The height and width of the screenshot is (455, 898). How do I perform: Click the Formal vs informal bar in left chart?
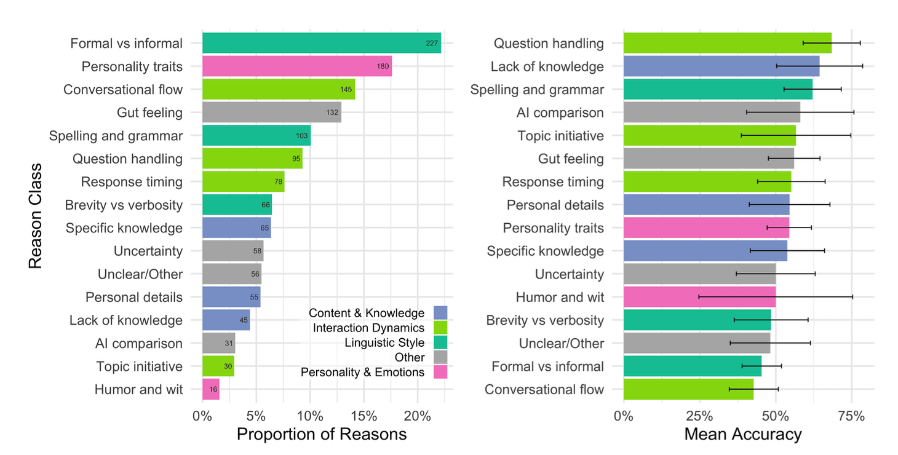coord(321,43)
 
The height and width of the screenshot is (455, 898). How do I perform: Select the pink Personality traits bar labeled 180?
coord(296,66)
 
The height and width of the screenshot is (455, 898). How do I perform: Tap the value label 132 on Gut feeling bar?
coord(333,113)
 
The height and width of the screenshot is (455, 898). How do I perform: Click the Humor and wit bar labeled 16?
coord(210,389)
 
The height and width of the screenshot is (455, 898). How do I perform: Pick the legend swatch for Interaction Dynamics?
coord(440,328)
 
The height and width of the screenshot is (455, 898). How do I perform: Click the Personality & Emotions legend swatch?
coord(440,372)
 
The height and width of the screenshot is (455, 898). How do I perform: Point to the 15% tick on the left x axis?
coord(364,416)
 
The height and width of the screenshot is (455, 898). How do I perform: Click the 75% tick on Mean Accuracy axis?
coord(852,416)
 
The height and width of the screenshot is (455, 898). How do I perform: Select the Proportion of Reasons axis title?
coord(322,434)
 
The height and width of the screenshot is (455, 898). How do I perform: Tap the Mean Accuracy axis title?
coord(743,434)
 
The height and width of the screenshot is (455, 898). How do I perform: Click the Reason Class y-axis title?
coord(36,215)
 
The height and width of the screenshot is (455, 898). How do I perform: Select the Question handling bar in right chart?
coord(727,43)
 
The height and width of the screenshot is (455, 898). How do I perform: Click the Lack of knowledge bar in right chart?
coord(721,66)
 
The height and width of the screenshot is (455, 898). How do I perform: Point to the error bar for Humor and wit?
coord(775,297)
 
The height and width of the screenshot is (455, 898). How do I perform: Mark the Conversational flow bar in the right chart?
coord(688,389)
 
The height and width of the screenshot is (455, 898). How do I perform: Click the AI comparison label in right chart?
coord(560,113)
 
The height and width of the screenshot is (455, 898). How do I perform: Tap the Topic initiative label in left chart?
coord(139,366)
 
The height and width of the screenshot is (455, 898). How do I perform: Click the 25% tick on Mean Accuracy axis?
coord(700,416)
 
